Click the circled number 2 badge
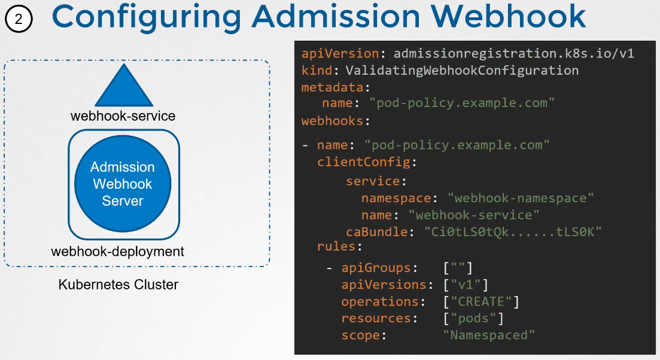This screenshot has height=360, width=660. coord(19,19)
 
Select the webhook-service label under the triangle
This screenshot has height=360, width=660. coord(123,116)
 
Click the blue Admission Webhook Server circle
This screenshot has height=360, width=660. coord(123,184)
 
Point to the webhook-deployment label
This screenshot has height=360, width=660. coord(118,252)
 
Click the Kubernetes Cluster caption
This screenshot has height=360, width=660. coord(118,285)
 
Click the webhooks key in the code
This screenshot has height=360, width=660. coord(332,121)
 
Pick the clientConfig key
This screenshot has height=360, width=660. coord(363,162)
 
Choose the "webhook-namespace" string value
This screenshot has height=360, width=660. coord(521,198)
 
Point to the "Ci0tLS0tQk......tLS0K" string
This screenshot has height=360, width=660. coord(512,232)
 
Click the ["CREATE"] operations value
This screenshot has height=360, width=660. coord(481,301)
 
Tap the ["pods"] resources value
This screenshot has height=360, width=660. coord(473,318)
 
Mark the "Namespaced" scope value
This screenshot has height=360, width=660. coord(489,335)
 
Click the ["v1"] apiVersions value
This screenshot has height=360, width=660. coord(466,285)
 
